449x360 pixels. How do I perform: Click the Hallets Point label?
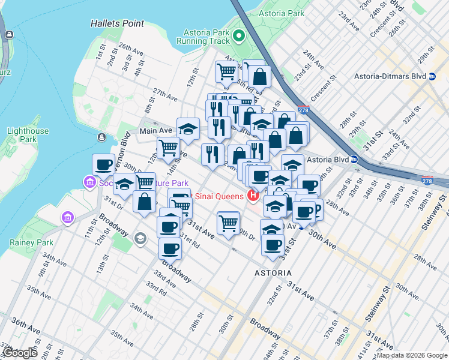(118, 23)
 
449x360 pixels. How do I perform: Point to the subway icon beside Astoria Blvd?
(355, 160)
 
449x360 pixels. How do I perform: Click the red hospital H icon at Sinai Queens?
(253, 196)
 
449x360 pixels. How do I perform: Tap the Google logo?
(20, 353)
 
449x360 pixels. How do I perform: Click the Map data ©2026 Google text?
(412, 355)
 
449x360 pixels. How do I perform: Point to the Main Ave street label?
(156, 130)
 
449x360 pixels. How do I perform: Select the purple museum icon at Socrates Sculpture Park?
(90, 182)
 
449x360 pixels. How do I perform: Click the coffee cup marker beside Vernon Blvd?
(104, 165)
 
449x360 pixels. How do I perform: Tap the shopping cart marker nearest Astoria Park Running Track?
(226, 72)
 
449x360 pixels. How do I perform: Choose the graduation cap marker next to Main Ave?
(188, 128)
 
